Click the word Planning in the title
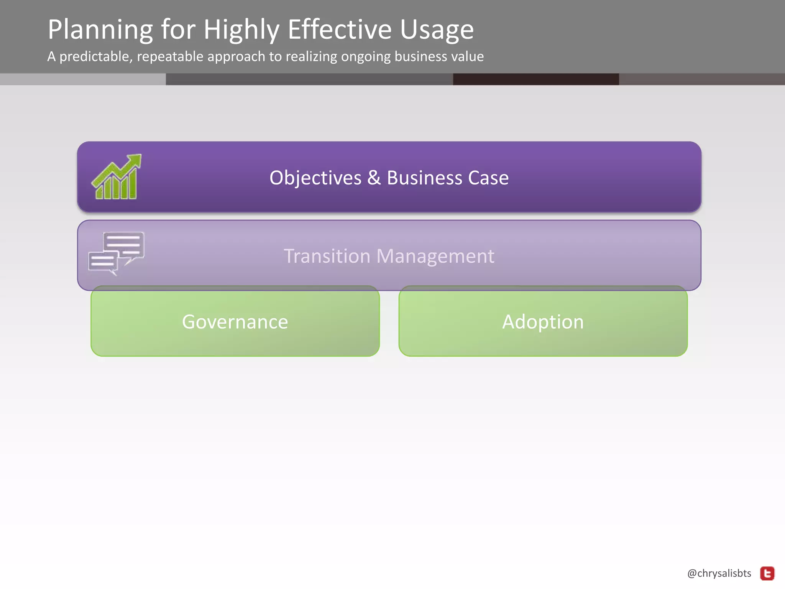click(x=100, y=30)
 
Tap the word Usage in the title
click(x=437, y=30)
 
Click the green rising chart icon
click(x=117, y=177)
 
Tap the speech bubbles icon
click(x=117, y=253)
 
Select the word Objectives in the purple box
click(x=315, y=178)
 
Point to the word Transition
click(x=327, y=256)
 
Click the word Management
click(x=435, y=256)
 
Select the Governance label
click(x=235, y=322)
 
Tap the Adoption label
click(x=543, y=322)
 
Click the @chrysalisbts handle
click(x=719, y=573)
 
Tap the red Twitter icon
click(x=767, y=574)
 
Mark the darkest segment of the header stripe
click(x=536, y=79)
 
